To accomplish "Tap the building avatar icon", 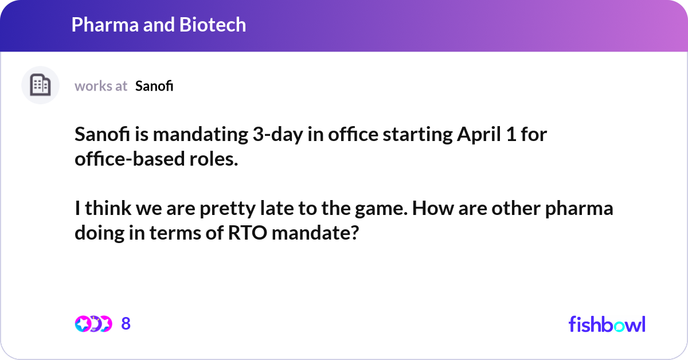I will [x=40, y=85].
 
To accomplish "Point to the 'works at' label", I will [x=101, y=86].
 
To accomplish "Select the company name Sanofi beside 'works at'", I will [x=154, y=86].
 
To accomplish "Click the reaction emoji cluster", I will [x=93, y=324].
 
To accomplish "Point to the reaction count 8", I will [x=126, y=324].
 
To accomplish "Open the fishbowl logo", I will [x=607, y=324].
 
